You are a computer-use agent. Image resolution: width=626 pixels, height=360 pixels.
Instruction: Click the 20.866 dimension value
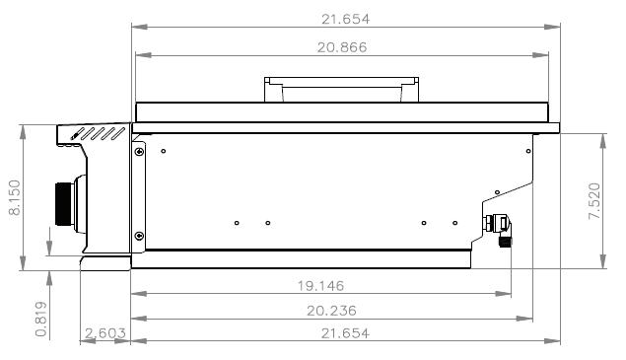tap(342, 47)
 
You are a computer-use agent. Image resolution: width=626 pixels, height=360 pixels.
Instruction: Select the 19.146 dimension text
tap(320, 286)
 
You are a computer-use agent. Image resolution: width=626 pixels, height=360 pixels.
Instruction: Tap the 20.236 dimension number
tap(331, 311)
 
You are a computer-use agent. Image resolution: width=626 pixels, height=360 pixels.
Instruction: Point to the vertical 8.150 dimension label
tap(15, 198)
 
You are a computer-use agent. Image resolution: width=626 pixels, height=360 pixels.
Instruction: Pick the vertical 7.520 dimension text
tap(594, 201)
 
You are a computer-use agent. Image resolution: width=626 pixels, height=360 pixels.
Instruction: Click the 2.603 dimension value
tap(105, 332)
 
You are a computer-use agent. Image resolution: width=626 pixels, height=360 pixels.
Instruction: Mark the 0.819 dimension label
tap(41, 320)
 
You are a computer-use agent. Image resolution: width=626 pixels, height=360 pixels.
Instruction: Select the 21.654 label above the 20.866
tap(346, 19)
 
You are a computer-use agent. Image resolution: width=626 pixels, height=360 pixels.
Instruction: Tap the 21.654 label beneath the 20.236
tap(345, 332)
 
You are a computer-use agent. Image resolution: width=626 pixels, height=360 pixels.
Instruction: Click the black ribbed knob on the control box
tap(64, 204)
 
